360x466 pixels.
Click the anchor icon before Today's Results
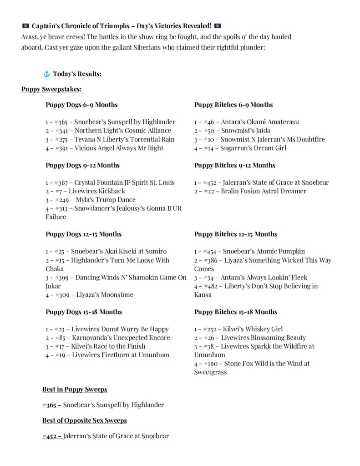click(46, 74)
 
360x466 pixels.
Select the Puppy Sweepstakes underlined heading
click(51, 89)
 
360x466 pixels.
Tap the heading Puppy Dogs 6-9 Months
click(81, 105)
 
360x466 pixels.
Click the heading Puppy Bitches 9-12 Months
click(234, 165)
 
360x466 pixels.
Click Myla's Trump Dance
click(105, 200)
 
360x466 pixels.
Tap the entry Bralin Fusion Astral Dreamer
click(264, 191)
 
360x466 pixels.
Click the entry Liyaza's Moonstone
click(104, 295)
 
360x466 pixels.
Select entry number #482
click(211, 286)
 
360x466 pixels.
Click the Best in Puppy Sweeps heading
click(75, 390)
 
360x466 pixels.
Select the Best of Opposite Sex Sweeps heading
click(85, 420)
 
